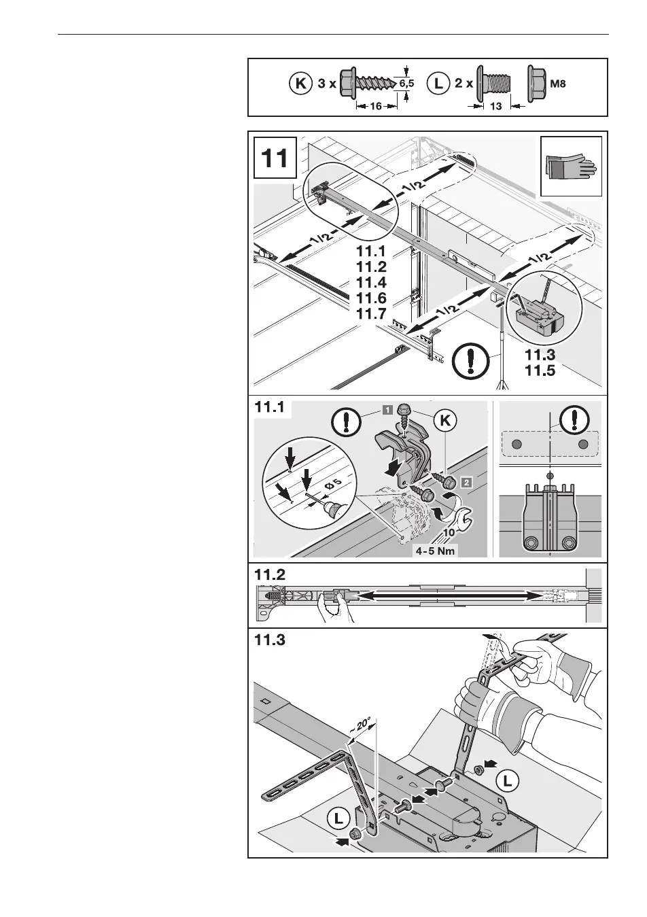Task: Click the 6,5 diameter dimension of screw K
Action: [406, 84]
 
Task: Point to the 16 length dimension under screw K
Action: [376, 107]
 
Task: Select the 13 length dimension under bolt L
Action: [495, 107]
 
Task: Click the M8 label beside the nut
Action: [557, 85]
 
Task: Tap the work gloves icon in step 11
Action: [570, 167]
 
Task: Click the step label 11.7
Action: [371, 314]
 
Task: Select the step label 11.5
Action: [540, 371]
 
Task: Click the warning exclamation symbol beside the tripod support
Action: [469, 360]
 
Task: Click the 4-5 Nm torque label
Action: [436, 551]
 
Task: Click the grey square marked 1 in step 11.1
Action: [387, 409]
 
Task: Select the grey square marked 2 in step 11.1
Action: [466, 483]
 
